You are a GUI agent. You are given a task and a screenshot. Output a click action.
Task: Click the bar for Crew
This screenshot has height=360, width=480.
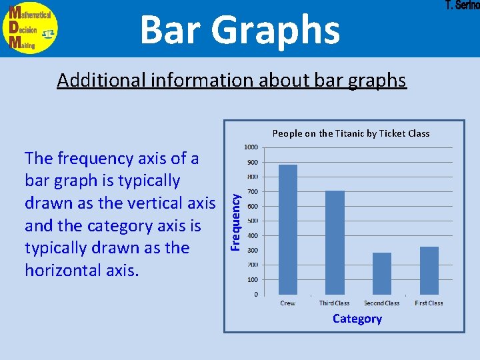click(x=288, y=229)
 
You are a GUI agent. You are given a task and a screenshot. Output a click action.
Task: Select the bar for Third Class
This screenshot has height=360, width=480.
click(x=335, y=243)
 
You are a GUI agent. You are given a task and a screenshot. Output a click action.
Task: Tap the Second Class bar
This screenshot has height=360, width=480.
click(x=382, y=273)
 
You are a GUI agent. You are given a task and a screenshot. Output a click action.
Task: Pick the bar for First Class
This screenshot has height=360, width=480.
click(x=429, y=270)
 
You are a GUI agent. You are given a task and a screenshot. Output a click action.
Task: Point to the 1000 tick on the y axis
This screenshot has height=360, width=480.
click(x=251, y=147)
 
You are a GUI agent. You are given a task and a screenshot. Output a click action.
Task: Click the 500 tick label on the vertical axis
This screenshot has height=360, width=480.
click(x=253, y=221)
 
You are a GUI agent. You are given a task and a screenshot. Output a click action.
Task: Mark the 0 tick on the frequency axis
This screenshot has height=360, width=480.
click(x=256, y=294)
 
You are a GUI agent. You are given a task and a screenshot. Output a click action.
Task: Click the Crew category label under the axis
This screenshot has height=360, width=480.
click(x=288, y=303)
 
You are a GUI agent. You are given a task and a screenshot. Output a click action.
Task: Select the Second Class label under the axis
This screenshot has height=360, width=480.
click(x=382, y=303)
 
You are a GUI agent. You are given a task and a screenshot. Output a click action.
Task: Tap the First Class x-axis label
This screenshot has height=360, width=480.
click(x=429, y=303)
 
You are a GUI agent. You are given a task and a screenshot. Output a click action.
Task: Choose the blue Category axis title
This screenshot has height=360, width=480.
click(x=357, y=319)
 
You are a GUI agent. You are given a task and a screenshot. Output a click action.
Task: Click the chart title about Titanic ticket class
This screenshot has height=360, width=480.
click(x=351, y=133)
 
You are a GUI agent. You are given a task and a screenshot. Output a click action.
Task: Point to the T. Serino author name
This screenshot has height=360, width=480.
click(x=461, y=5)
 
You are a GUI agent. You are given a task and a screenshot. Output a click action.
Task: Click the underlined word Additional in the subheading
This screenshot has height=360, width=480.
click(x=101, y=81)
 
